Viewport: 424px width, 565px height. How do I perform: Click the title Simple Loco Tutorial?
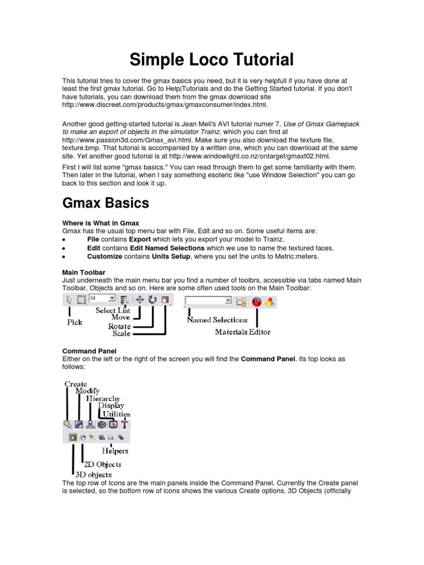(212, 59)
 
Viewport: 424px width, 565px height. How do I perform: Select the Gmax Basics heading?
(105, 202)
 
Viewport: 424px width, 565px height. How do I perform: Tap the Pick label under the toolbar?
(75, 322)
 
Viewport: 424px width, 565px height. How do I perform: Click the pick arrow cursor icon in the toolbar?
(69, 300)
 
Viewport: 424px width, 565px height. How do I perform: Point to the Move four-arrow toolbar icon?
(140, 300)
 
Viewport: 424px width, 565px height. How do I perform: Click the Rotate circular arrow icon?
(152, 300)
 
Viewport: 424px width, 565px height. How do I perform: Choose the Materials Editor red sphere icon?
(257, 301)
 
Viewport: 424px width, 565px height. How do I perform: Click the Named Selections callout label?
(217, 319)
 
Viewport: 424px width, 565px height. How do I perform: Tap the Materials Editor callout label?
(242, 332)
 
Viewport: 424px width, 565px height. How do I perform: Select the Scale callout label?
(121, 333)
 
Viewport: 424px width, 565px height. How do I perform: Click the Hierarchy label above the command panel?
(103, 398)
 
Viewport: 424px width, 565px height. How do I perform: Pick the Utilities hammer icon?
(125, 424)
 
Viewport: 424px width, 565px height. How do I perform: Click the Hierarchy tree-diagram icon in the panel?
(90, 424)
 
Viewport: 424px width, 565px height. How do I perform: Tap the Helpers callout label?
(114, 451)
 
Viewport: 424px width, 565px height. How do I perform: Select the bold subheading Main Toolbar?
(84, 273)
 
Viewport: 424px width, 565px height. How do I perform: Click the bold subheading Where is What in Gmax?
(99, 223)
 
